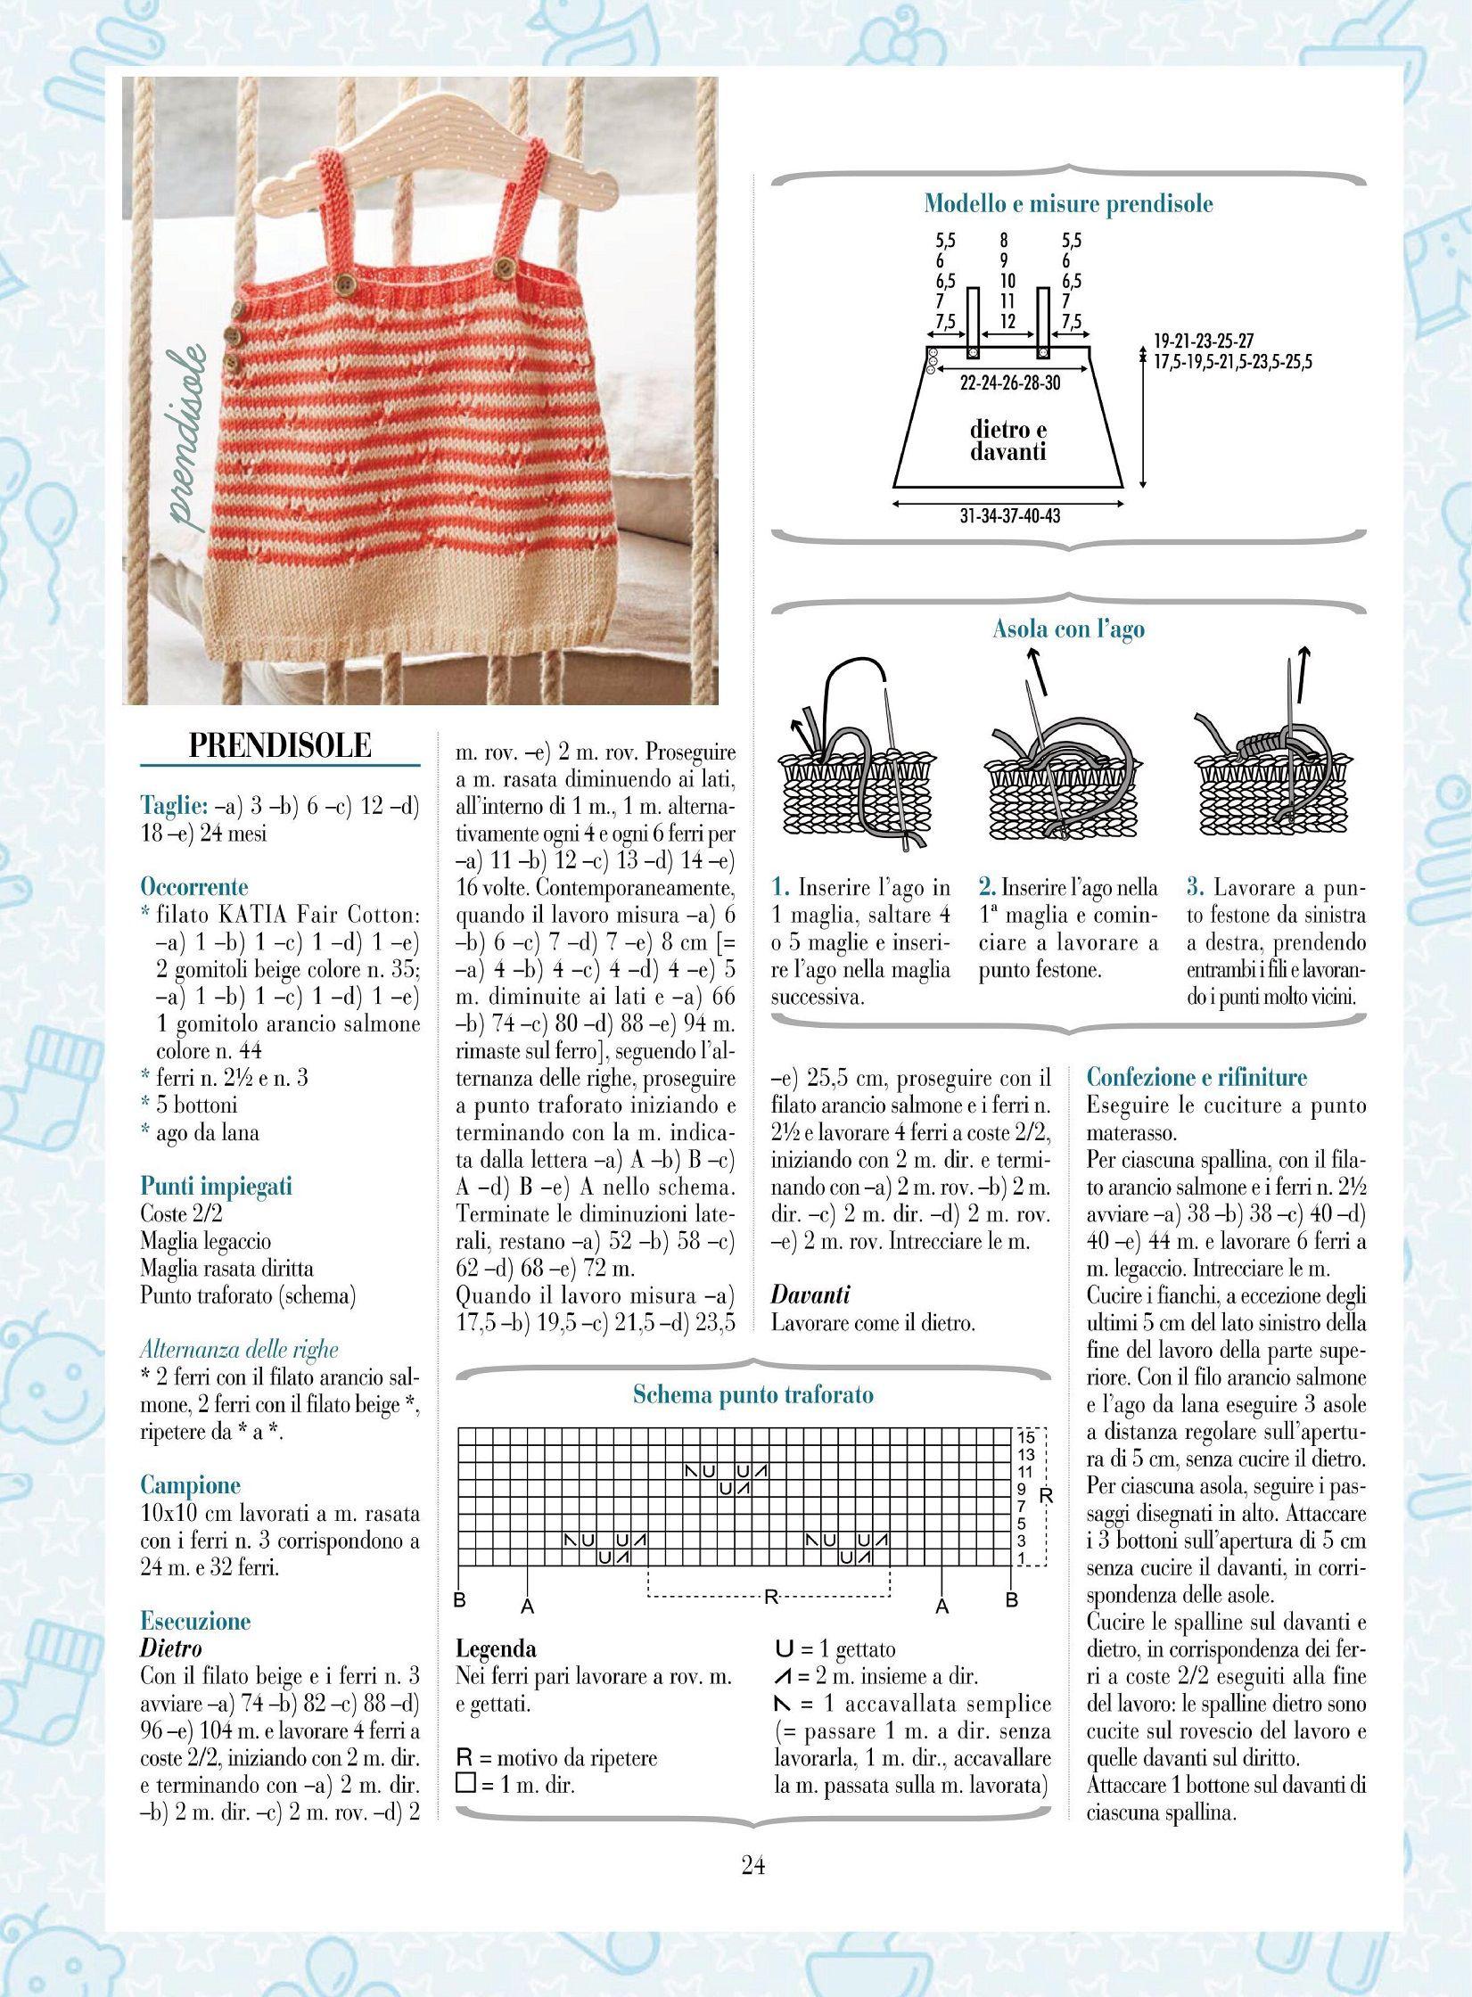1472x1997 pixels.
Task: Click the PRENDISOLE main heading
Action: (x=280, y=745)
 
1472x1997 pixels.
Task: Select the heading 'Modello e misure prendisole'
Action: (x=1068, y=204)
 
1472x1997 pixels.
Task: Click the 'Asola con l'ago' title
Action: (x=1068, y=629)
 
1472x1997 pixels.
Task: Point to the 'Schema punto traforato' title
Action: (x=752, y=1395)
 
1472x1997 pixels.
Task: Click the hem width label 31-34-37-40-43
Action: (x=1003, y=516)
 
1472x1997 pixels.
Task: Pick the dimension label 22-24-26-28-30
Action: (x=1010, y=383)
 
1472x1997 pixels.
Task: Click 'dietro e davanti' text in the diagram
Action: (x=1008, y=440)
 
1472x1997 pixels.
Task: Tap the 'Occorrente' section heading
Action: (x=194, y=887)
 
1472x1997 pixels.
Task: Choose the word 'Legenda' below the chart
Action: (x=496, y=1649)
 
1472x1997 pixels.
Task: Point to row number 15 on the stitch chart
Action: (x=1026, y=1437)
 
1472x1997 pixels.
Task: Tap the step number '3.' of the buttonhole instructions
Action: (x=1196, y=888)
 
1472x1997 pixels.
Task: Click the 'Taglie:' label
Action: (x=174, y=805)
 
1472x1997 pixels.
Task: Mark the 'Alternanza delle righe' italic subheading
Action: (x=240, y=1350)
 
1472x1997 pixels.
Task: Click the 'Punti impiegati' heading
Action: (x=216, y=1187)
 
